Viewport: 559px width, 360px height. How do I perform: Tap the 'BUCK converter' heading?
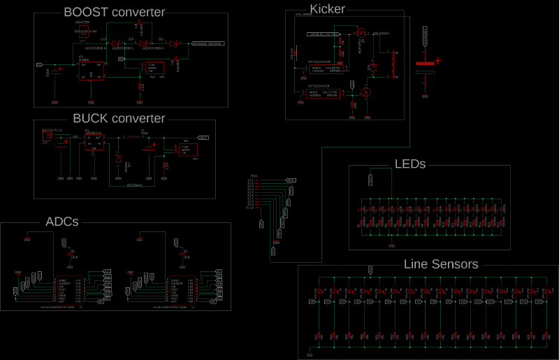coord(119,118)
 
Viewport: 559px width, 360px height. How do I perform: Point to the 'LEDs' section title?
coord(410,164)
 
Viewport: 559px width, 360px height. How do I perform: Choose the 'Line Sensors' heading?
coord(441,264)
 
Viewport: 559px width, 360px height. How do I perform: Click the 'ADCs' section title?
coord(61,222)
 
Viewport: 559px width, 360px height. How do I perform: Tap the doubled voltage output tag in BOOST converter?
coord(208,44)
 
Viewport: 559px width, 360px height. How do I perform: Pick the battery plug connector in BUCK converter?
coord(48,137)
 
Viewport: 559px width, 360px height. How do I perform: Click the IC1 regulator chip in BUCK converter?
coord(94,141)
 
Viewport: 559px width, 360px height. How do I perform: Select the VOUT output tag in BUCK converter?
coord(203,138)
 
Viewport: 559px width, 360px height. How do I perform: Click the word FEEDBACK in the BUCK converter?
coord(135,185)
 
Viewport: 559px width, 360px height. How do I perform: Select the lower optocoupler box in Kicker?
coord(323,93)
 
